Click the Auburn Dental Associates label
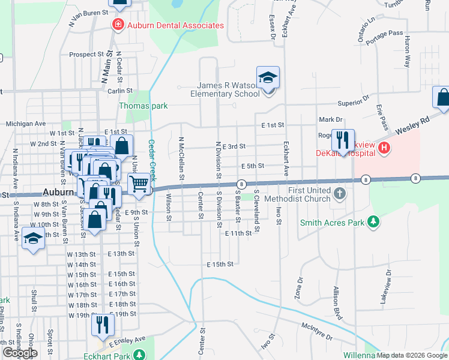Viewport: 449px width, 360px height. [175, 26]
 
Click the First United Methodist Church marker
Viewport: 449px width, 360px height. [340, 193]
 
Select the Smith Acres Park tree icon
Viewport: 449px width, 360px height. [374, 223]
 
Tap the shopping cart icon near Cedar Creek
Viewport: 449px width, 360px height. [139, 183]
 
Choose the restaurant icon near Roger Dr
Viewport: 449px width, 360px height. [342, 140]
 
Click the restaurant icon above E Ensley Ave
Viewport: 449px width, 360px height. [103, 325]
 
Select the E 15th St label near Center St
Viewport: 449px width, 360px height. [219, 264]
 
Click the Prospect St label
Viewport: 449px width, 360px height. [86, 54]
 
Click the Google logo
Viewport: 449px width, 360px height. [20, 353]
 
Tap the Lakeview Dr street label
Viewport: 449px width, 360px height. [387, 288]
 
